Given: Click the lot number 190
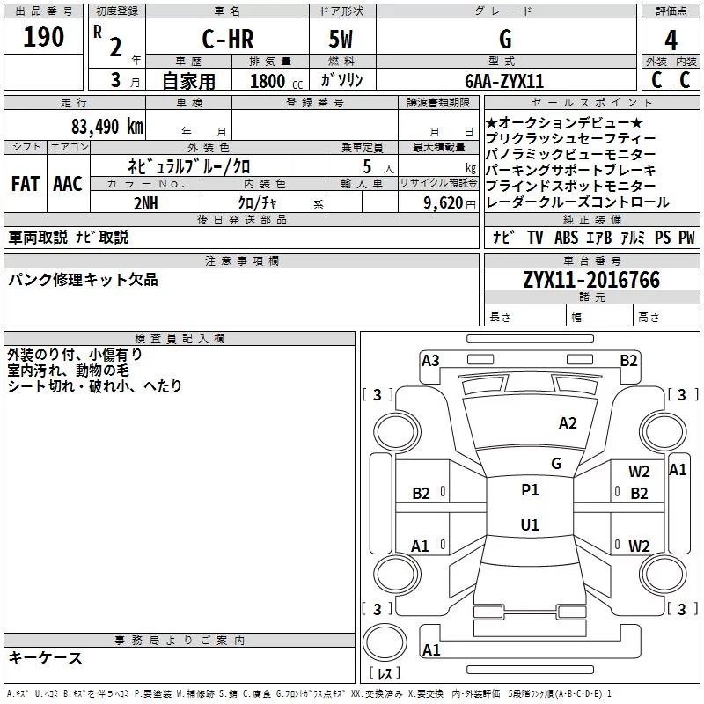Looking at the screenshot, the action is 43,36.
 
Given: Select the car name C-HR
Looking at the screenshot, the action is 228,39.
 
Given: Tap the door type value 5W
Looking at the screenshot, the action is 341,39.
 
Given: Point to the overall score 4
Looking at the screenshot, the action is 671,40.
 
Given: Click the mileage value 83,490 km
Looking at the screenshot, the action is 107,126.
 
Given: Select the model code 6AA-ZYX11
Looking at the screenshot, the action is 504,81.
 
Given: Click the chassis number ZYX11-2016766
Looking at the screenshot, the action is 591,280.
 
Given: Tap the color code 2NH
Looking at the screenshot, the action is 146,203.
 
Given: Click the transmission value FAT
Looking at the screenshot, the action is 26,184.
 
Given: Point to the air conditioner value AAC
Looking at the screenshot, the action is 68,184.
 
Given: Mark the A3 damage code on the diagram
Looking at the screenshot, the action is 430,361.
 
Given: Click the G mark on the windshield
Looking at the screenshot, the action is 556,464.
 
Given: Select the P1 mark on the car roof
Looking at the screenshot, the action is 530,490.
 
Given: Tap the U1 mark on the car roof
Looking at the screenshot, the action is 530,524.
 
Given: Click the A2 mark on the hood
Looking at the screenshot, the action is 568,423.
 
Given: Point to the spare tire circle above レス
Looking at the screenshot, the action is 385,642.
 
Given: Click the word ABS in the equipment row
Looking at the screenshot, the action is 566,238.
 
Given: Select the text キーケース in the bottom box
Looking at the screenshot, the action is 46,657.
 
